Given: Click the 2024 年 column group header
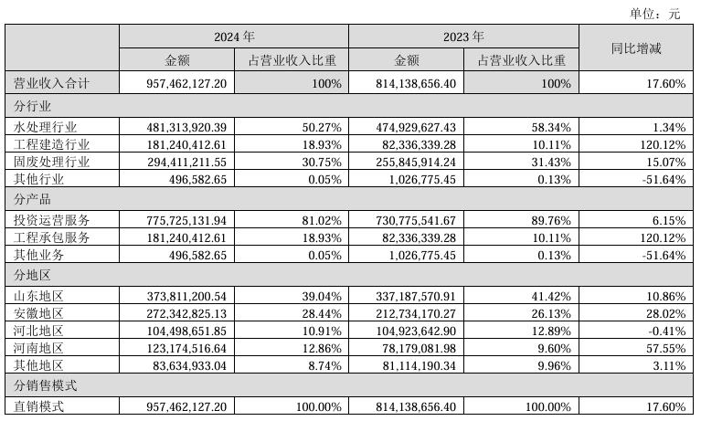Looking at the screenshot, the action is point(234,37).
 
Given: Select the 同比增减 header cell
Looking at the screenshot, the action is point(636,48).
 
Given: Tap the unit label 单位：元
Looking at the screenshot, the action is point(654,14).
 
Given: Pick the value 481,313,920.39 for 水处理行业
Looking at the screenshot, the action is point(186,128).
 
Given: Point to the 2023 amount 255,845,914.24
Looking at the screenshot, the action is point(416,163).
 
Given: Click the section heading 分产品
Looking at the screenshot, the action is point(32,199).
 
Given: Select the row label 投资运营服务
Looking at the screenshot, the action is point(51,220).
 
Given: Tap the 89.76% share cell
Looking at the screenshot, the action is point(551,221).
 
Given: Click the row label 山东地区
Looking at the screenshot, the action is point(38,296).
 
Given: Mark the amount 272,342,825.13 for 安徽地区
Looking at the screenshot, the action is point(186,314).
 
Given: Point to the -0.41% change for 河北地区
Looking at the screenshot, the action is point(665,332).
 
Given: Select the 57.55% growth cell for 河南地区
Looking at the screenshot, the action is point(665,349).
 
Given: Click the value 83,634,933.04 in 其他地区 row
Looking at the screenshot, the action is point(189,366).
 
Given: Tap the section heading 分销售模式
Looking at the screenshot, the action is point(45,385).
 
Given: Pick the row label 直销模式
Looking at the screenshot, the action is point(38,406).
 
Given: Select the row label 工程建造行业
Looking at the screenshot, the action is point(51,145).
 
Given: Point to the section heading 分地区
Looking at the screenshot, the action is point(32,274).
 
